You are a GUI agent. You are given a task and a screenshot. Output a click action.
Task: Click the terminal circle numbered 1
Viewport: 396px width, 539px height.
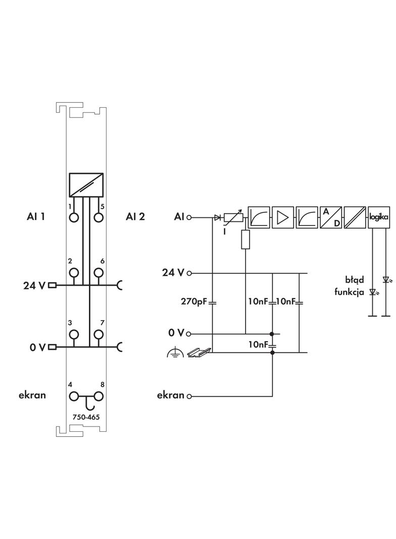point(74,218)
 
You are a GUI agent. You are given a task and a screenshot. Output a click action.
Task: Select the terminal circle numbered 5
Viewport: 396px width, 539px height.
point(98,218)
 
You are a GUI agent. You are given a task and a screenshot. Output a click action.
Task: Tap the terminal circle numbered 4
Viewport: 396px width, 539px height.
point(74,396)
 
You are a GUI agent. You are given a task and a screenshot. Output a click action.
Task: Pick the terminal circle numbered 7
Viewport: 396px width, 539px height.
point(98,334)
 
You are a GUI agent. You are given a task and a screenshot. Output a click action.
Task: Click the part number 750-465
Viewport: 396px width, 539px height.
point(86,418)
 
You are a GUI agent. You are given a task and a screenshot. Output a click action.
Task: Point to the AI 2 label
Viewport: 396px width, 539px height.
point(135,217)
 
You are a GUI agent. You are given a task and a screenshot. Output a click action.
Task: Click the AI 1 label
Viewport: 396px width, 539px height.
point(36,217)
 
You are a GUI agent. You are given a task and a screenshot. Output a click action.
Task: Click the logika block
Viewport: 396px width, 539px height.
point(379,217)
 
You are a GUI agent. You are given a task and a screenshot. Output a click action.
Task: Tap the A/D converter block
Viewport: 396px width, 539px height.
point(331,217)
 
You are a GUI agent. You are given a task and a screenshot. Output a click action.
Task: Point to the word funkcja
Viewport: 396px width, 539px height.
point(349,292)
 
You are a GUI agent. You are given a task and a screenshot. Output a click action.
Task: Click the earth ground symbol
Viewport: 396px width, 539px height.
point(173,353)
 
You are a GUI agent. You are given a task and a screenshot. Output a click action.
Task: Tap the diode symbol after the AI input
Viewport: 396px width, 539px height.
point(217,218)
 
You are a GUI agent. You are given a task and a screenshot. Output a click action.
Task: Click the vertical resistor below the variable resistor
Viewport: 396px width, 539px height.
point(245,240)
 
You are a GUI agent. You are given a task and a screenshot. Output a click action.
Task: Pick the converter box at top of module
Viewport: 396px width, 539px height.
point(86,185)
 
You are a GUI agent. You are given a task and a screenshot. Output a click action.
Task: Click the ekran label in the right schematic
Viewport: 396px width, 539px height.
point(170,395)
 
